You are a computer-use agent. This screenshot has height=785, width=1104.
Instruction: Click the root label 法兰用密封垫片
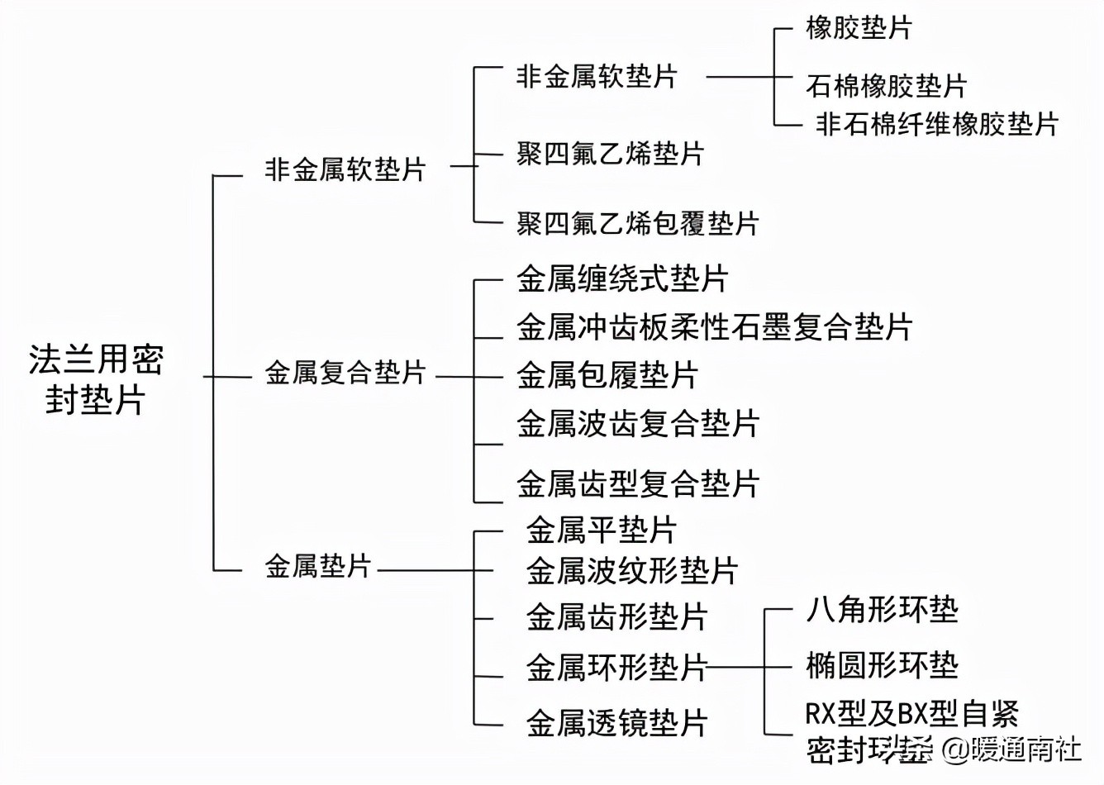pyautogui.click(x=96, y=379)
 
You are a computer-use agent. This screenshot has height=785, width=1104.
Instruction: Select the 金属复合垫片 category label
pyautogui.click(x=345, y=373)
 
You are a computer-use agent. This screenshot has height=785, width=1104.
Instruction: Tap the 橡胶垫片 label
pyautogui.click(x=859, y=28)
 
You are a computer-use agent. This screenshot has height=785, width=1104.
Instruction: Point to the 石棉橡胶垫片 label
pyautogui.click(x=886, y=85)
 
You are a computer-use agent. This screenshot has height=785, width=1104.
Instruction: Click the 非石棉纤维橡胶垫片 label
pyautogui.click(x=937, y=124)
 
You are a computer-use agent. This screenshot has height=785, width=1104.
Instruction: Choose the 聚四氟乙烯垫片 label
pyautogui.click(x=610, y=154)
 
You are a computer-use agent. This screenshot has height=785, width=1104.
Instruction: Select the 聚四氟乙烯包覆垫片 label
pyautogui.click(x=637, y=223)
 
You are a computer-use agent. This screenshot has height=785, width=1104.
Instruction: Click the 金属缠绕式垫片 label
pyautogui.click(x=622, y=278)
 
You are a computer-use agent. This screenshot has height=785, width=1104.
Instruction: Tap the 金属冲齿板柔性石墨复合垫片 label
pyautogui.click(x=714, y=326)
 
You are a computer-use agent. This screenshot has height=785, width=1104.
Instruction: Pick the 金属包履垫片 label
pyautogui.click(x=607, y=374)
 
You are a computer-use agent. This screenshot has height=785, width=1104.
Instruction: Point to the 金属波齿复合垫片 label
pyautogui.click(x=638, y=423)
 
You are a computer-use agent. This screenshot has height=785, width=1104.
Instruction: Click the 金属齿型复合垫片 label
pyautogui.click(x=638, y=483)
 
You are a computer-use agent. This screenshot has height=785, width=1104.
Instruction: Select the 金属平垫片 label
pyautogui.click(x=602, y=530)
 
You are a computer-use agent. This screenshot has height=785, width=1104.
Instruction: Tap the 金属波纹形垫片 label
pyautogui.click(x=632, y=570)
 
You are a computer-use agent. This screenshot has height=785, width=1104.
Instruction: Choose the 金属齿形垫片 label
pyautogui.click(x=617, y=616)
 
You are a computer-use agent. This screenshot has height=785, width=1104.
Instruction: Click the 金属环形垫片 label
pyautogui.click(x=617, y=667)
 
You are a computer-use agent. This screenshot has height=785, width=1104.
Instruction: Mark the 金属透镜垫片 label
pyautogui.click(x=617, y=723)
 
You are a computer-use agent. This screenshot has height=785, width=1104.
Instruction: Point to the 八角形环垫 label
pyautogui.click(x=882, y=610)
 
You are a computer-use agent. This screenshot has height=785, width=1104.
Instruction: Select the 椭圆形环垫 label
pyautogui.click(x=882, y=664)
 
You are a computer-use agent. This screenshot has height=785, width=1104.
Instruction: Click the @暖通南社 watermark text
pyautogui.click(x=1013, y=749)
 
